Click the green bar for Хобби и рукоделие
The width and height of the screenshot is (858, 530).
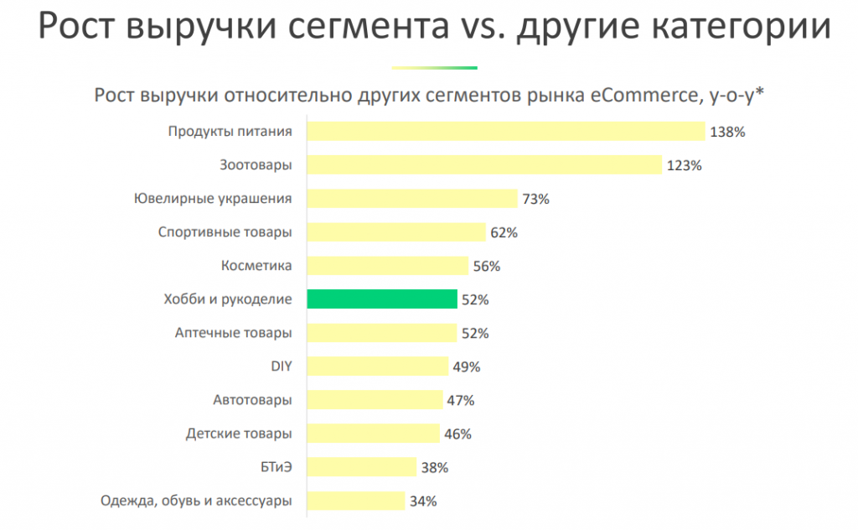point(382,299)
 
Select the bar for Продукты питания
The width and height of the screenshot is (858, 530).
point(506,132)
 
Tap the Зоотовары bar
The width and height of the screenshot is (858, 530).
point(484,165)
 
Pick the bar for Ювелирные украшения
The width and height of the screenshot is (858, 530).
point(412,199)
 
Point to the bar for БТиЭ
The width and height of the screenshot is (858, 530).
point(362,467)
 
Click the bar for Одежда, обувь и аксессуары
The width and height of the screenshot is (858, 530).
point(356,501)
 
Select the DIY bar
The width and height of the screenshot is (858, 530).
point(378,366)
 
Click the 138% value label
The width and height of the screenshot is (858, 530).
point(726,132)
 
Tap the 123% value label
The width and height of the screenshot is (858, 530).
point(684,166)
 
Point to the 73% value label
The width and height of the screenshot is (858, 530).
point(535,200)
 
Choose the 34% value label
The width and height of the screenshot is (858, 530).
point(423,501)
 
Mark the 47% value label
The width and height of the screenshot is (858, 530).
point(461,401)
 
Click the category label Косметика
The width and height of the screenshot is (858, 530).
point(256,266)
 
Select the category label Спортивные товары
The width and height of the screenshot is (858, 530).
point(225,232)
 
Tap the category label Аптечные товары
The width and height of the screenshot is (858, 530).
point(233,333)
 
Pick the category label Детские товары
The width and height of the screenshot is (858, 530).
point(238,434)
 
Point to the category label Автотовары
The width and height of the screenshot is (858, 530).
point(252,400)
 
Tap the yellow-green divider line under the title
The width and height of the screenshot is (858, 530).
point(434,68)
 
